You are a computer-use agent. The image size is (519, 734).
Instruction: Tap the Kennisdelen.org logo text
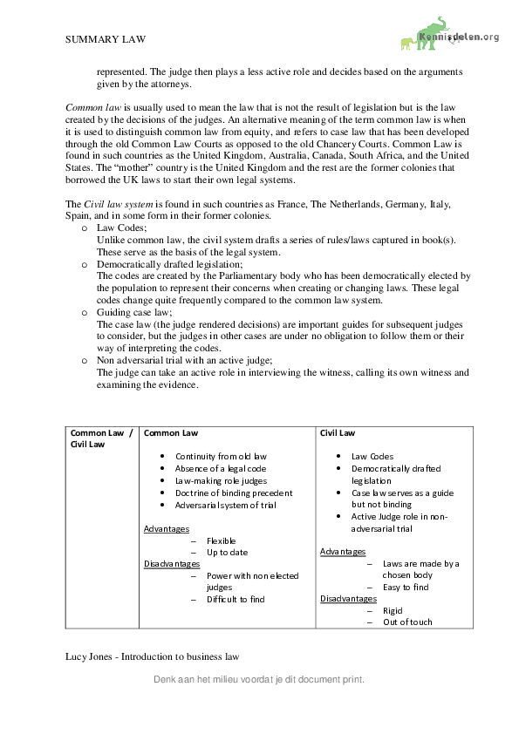coord(459,37)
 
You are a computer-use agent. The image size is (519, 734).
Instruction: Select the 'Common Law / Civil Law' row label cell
coord(101,438)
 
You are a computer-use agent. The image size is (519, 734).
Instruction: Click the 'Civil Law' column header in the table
coord(338,432)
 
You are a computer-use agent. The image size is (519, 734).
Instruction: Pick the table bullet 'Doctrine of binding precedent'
coord(234,493)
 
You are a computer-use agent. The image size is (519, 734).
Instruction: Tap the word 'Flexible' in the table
coord(222,540)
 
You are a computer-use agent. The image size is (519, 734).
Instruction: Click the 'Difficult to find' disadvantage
coord(236,599)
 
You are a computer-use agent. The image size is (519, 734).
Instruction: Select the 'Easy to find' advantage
coord(406,587)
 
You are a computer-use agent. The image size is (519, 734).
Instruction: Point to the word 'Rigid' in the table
coord(393,610)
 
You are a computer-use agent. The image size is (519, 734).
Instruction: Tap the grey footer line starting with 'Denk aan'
coord(258,678)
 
